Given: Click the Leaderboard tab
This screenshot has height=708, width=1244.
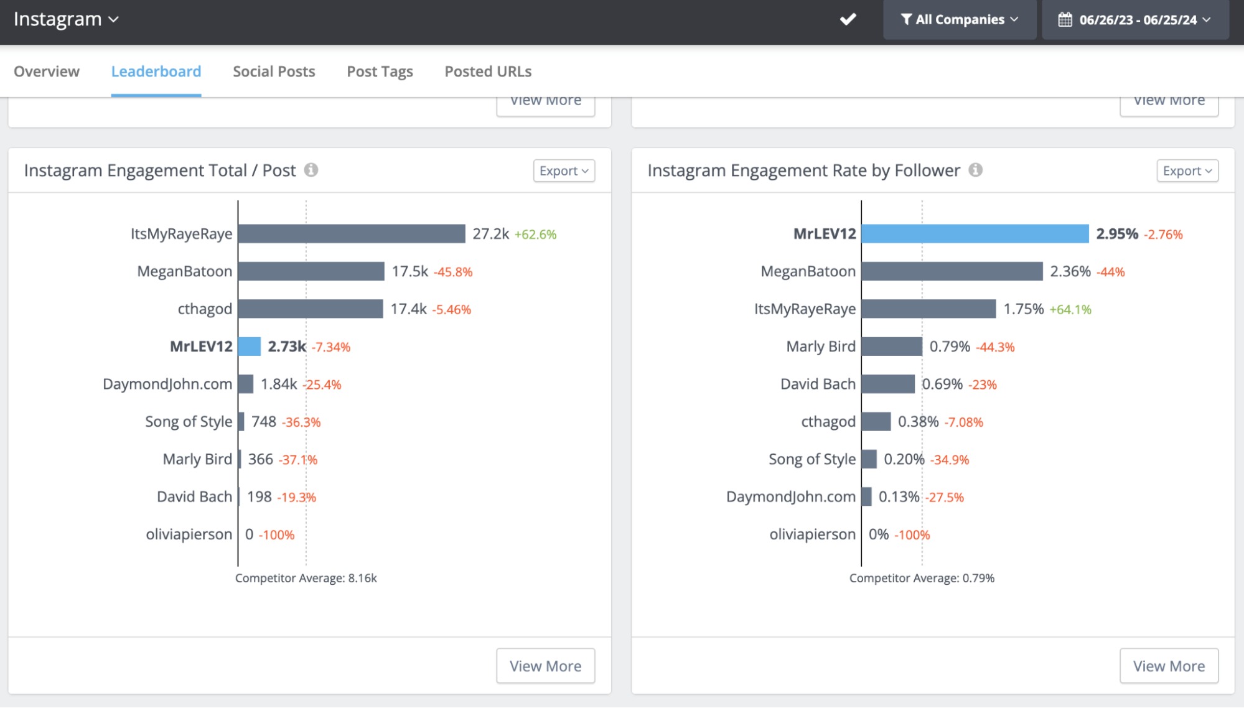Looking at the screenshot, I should tap(156, 72).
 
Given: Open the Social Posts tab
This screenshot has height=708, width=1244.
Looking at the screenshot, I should tap(274, 72).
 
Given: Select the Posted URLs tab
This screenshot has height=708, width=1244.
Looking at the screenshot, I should tap(488, 72).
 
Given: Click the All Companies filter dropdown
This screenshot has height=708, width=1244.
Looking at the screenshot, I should tap(959, 20).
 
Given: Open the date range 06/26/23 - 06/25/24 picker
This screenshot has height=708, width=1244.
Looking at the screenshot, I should tap(1135, 20).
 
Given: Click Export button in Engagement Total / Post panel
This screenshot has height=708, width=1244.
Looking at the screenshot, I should tap(564, 170).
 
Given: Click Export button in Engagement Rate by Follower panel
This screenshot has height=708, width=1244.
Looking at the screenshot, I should tap(1187, 170).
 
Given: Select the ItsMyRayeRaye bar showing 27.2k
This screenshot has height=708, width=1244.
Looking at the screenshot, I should tap(352, 234).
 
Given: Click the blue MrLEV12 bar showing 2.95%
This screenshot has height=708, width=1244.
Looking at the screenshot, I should tap(975, 234).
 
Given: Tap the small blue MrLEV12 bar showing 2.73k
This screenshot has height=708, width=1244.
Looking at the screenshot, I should tap(250, 347).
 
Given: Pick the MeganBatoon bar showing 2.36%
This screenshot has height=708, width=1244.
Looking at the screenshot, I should tap(952, 271).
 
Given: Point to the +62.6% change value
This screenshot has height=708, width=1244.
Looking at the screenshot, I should tap(535, 235).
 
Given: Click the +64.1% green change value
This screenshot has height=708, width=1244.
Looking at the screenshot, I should tap(1070, 310).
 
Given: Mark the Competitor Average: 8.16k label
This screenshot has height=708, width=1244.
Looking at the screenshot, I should tap(306, 578).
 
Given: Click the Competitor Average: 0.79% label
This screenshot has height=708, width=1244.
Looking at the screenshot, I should tap(922, 578).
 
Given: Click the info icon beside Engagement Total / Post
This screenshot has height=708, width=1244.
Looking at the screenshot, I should tap(311, 170).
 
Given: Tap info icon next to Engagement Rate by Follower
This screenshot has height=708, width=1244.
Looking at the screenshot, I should tap(975, 170).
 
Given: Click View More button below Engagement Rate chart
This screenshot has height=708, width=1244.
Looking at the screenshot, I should tap(1169, 666).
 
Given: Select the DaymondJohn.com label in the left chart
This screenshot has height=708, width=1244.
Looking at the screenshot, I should tap(167, 384).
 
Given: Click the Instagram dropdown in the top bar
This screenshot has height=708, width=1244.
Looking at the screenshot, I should tap(65, 19).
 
